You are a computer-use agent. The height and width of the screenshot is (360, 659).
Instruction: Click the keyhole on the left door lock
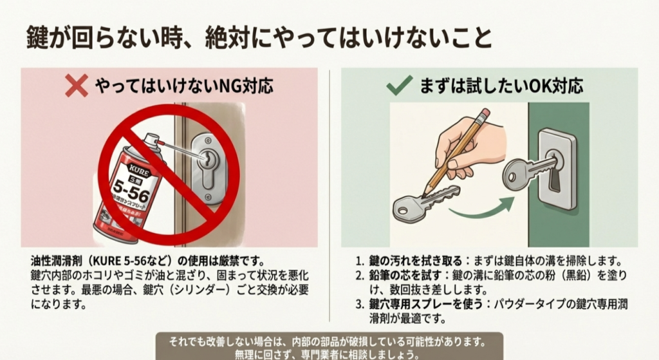point(210,160)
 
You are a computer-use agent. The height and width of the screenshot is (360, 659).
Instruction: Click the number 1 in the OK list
point(360,261)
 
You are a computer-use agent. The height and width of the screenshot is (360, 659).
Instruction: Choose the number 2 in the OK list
point(360,276)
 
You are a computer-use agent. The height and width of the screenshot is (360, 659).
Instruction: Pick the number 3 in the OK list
point(360,304)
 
